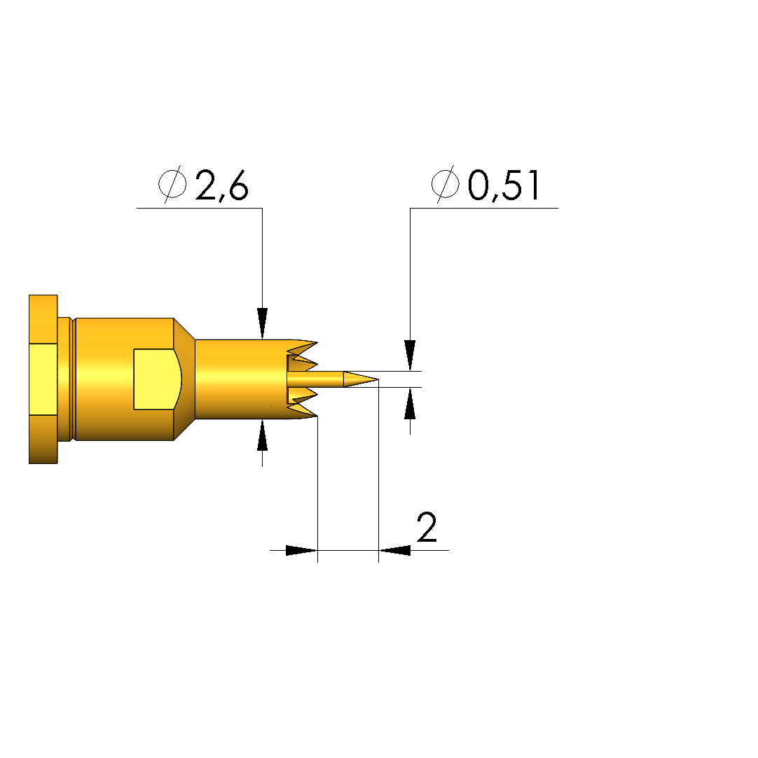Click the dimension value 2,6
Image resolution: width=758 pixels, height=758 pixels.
222,185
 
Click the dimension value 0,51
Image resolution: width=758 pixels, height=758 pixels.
504,185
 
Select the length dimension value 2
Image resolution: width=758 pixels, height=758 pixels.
427,528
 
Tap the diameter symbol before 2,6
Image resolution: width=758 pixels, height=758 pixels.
173,184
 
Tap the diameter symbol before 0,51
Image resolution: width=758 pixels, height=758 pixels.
445,184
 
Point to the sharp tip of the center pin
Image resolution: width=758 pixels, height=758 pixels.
378,379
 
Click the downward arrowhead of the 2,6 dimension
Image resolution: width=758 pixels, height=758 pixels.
262,323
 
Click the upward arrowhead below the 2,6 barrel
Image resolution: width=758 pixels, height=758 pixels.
262,435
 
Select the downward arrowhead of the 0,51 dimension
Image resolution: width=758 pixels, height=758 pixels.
411,356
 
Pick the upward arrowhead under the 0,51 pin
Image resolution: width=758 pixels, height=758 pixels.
411,403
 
